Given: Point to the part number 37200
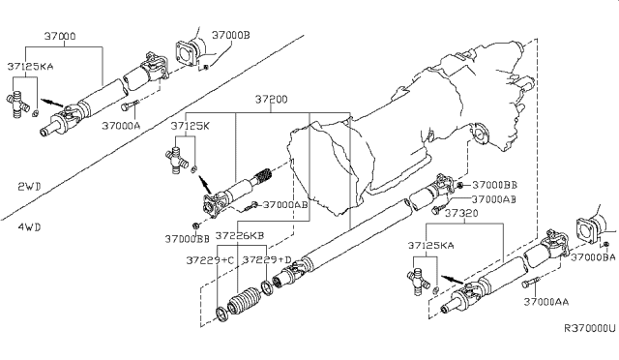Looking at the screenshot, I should (274, 100).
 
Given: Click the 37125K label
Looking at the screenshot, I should (190, 126).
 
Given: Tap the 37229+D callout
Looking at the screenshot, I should (268, 259).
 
